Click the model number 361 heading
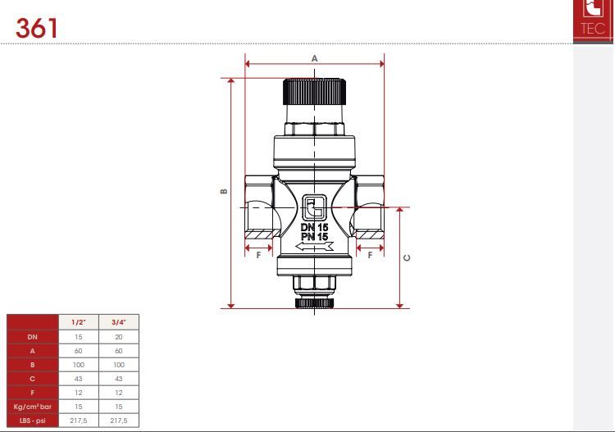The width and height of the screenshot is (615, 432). [x=37, y=28]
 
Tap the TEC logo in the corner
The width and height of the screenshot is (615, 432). [x=593, y=20]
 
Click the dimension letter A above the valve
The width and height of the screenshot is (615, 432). [x=315, y=58]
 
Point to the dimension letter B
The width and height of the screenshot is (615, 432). [x=224, y=191]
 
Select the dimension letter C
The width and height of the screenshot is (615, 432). [x=407, y=258]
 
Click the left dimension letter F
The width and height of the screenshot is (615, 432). [x=258, y=255]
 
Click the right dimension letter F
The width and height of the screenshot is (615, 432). [x=370, y=255]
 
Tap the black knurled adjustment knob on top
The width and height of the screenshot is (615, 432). [x=315, y=92]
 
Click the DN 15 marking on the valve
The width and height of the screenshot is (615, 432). [x=315, y=227]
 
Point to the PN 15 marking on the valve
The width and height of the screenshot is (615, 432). [x=315, y=237]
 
